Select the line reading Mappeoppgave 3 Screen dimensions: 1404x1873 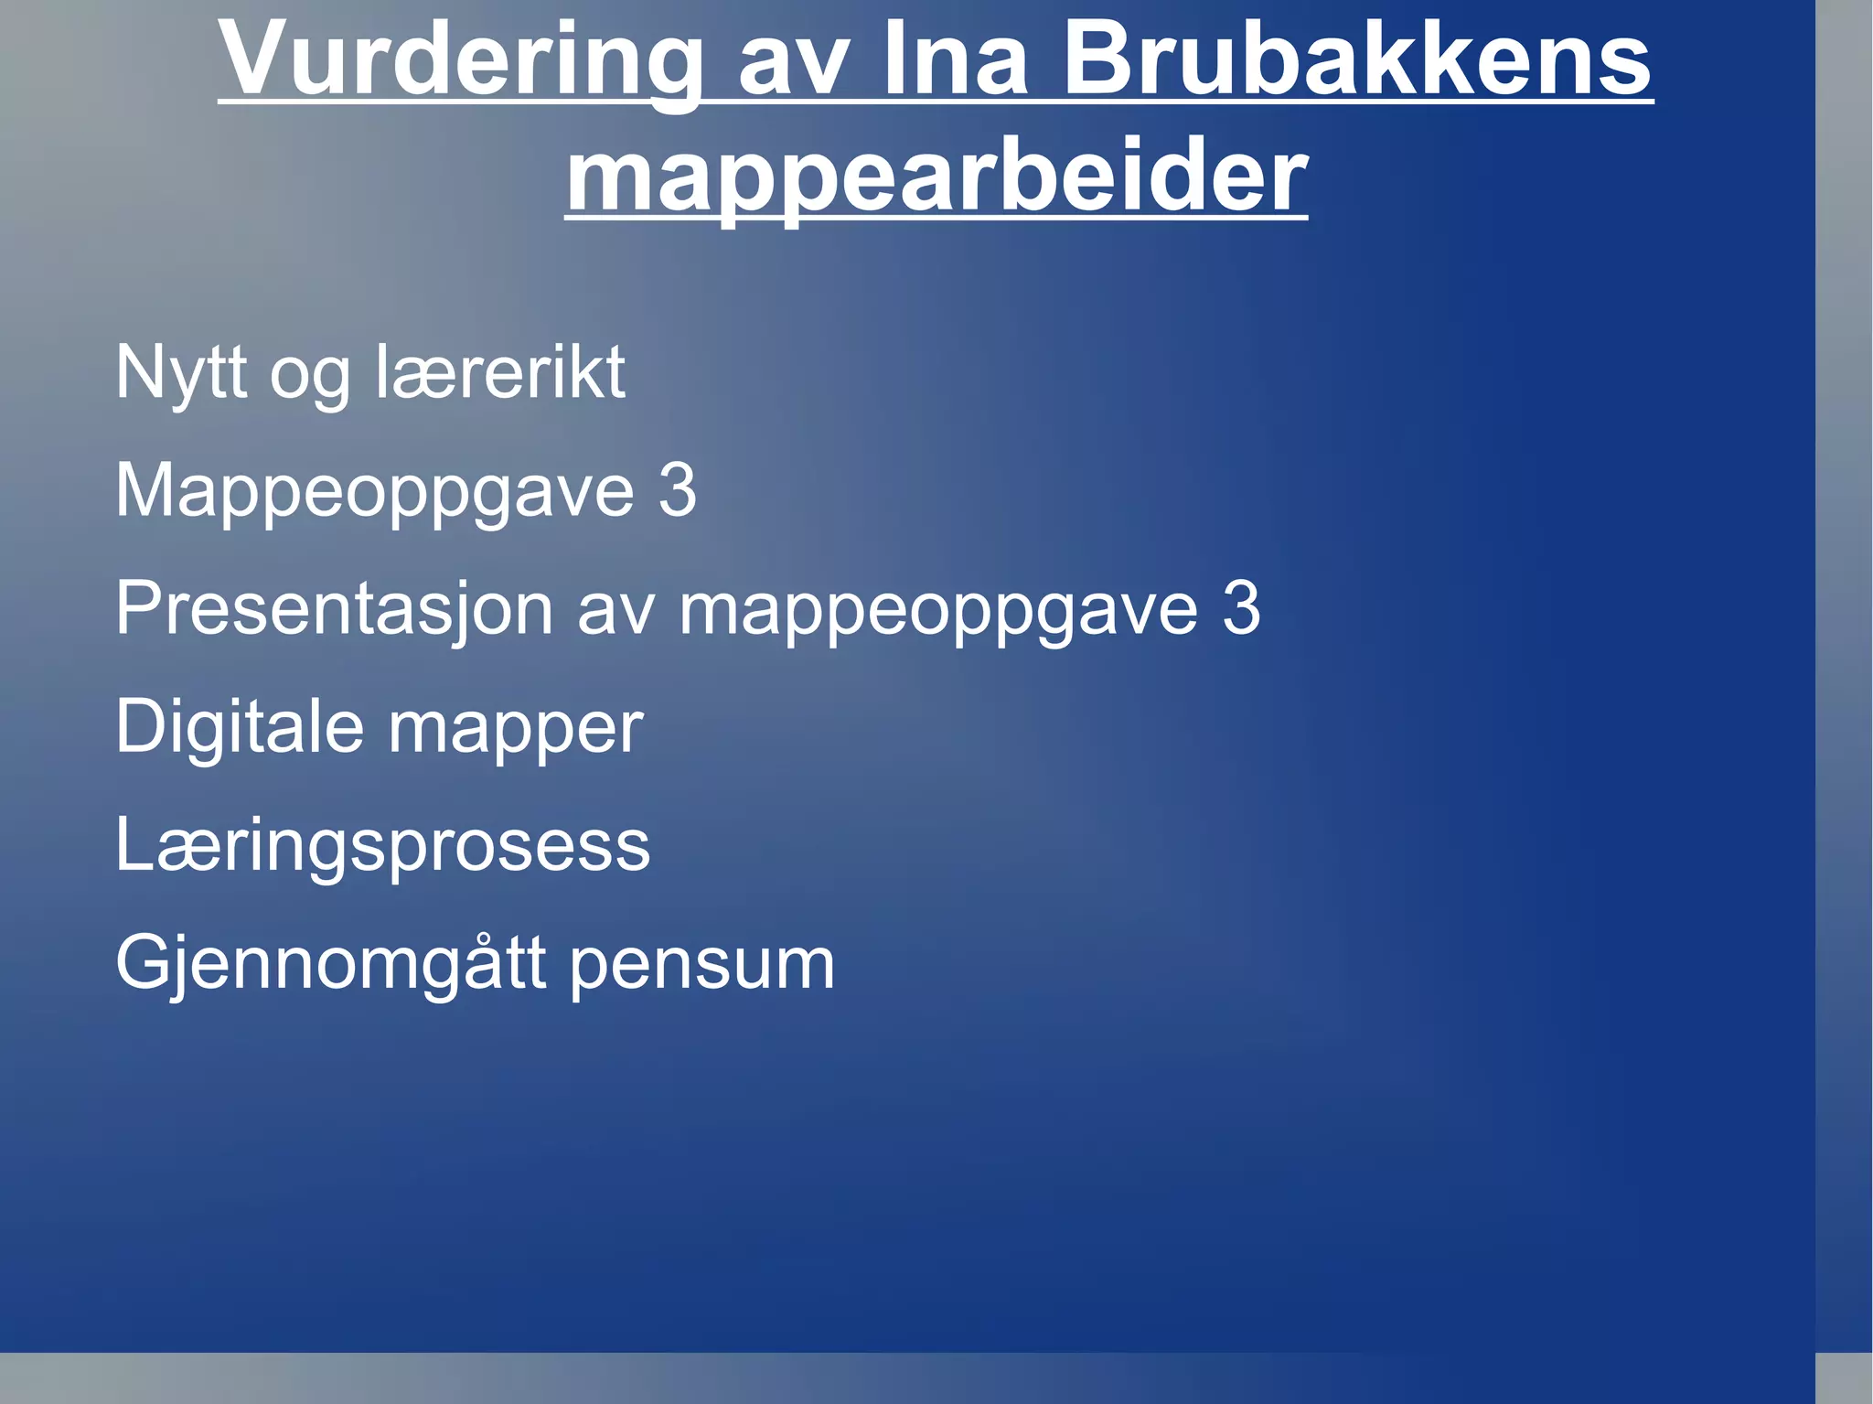[405, 491]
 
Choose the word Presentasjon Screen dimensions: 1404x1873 [334, 609]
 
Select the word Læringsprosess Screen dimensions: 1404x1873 [382, 845]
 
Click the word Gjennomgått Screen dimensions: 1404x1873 [331, 964]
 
